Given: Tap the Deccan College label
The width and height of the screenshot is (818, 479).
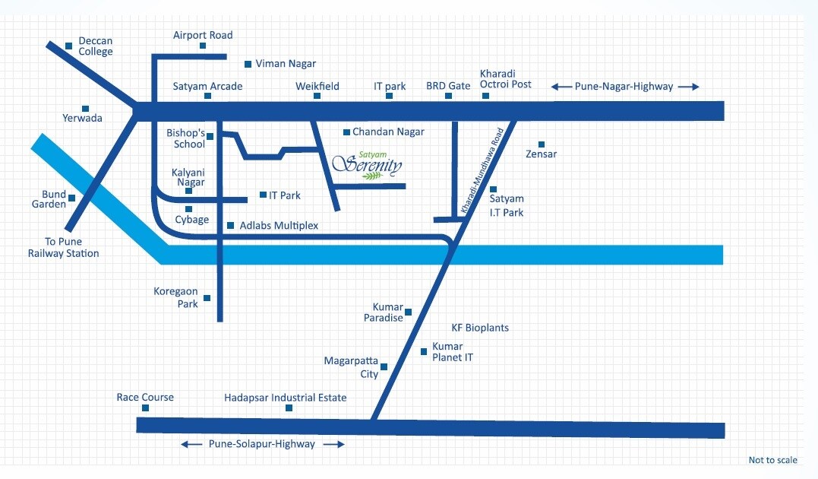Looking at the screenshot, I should (x=95, y=46).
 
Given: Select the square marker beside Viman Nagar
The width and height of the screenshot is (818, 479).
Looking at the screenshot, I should (x=248, y=64).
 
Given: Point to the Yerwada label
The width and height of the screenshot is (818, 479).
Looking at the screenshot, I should (x=82, y=118).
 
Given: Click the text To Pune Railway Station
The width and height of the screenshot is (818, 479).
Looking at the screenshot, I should (x=63, y=248).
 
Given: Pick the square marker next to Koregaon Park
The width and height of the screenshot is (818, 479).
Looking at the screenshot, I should (x=207, y=298).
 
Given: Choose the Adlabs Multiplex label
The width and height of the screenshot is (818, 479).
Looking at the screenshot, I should (x=279, y=226).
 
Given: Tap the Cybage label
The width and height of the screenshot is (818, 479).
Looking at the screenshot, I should (x=191, y=220).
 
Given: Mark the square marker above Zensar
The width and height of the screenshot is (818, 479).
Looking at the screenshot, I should (x=542, y=144).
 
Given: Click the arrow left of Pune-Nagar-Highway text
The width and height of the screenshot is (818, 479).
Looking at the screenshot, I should (x=561, y=87).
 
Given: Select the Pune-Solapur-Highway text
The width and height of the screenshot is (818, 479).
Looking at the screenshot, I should (x=261, y=444).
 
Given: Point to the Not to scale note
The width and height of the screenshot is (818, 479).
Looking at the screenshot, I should (x=772, y=460).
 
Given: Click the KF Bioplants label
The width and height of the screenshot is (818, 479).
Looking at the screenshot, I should (x=480, y=328).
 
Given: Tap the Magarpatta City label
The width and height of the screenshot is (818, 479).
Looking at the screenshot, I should (x=351, y=367).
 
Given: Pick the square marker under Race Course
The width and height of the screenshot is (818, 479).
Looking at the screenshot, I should (x=145, y=408).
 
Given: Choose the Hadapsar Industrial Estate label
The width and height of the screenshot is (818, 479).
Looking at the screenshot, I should (x=285, y=398).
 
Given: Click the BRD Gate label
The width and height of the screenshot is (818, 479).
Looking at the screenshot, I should (x=448, y=86).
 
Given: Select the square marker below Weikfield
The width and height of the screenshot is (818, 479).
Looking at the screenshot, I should (x=317, y=97).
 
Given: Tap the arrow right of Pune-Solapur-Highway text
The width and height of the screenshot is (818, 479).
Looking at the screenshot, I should (x=333, y=444).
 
